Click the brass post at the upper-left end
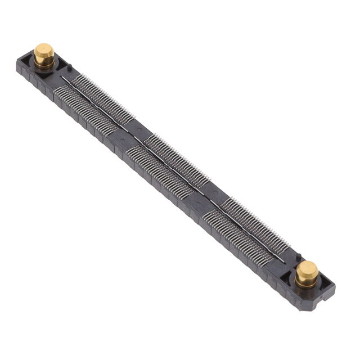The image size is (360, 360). [44, 53]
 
